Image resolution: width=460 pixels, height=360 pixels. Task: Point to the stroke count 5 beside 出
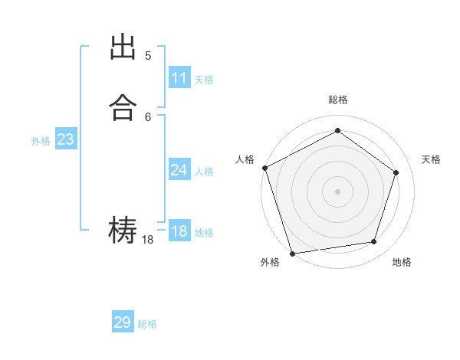148,55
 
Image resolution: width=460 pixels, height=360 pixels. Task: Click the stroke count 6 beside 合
148,116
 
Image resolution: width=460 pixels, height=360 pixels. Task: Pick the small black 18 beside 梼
148,240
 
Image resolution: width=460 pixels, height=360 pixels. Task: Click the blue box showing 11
179,78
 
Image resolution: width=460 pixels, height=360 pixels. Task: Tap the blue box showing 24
179,170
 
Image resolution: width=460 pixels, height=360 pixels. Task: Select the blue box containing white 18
179,231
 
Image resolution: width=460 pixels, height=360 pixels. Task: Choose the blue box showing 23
65,139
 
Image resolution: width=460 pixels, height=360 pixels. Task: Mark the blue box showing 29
123,322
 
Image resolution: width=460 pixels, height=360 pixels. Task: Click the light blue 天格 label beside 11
204,80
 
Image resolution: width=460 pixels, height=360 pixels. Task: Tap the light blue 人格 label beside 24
204,172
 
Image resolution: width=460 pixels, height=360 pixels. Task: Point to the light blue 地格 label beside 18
204,233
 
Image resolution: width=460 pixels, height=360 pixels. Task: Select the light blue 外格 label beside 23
41,141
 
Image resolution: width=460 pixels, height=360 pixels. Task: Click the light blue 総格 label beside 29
147,324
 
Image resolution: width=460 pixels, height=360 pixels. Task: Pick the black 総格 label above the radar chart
337,100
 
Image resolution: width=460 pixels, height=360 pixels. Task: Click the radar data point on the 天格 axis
396,172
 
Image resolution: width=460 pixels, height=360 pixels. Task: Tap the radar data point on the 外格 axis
292,253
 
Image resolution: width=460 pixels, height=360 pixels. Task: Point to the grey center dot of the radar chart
337,191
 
